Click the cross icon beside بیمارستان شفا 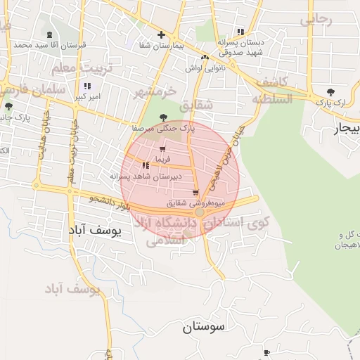coord(162,34)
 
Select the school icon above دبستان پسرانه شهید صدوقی coord(241,32)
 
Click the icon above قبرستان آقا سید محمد coord(49,35)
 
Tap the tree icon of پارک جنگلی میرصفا coord(164,118)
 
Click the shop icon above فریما coord(162,149)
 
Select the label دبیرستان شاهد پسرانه coord(146,176)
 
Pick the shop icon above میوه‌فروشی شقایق coord(195,193)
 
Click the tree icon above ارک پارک coord(330,91)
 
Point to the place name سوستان coord(202,327)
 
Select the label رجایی coord(316,20)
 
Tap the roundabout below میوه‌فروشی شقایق coord(200,212)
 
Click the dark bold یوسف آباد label coord(95,229)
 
